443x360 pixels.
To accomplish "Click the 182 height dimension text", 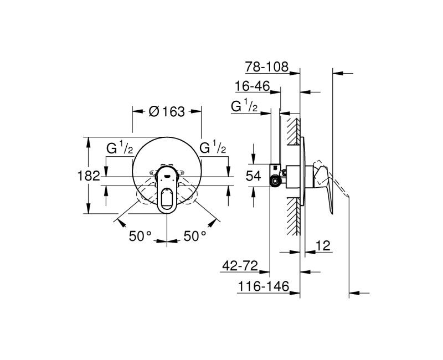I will tap(89, 176).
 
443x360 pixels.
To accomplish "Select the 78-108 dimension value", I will tap(267, 67).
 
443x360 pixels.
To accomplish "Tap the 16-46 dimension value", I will tap(252, 86).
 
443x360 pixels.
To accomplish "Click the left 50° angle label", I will tap(140, 236).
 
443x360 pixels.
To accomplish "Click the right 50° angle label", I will tap(194, 236).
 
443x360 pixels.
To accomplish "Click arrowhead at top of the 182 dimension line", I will tap(89, 140).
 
